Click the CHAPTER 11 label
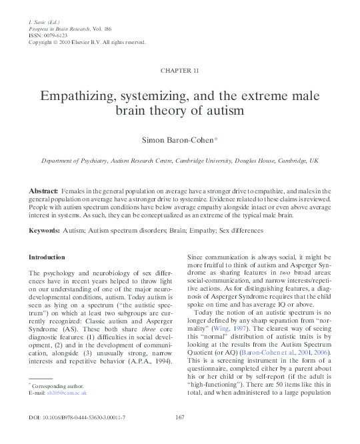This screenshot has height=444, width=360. point(179,70)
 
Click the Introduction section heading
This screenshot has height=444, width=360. point(47,257)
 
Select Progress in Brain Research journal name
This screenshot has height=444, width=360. point(61,29)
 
